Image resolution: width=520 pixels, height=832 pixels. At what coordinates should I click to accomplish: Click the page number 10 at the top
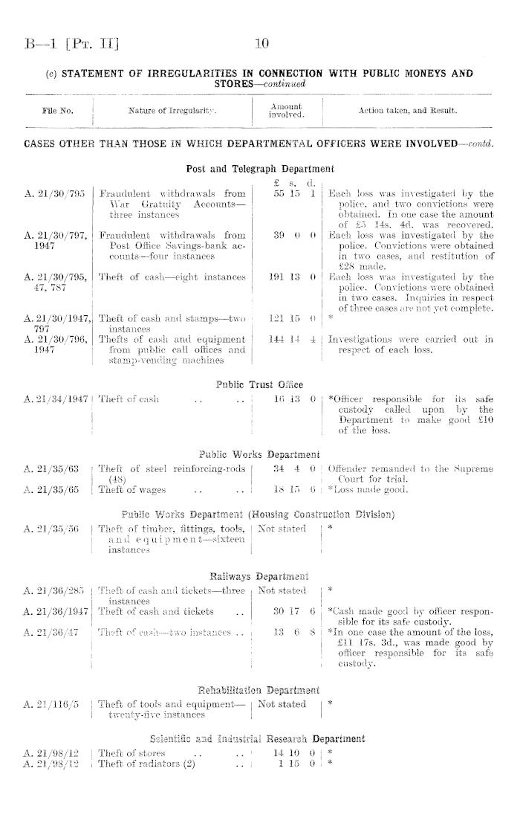coord(261,45)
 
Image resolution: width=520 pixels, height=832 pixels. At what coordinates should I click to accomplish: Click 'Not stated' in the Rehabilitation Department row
coord(282,704)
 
